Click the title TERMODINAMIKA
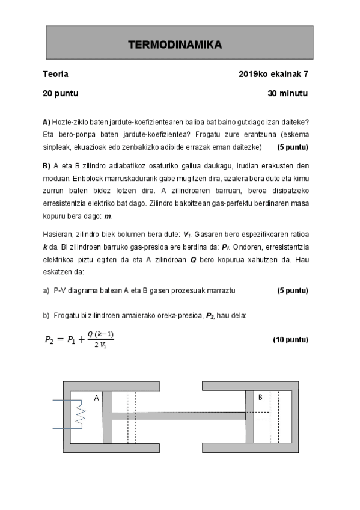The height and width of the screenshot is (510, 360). point(175,45)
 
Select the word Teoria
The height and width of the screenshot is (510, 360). point(55,74)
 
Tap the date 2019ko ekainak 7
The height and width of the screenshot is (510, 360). point(273,74)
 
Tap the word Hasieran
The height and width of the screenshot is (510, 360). point(58,234)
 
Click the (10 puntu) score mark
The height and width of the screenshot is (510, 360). point(290,340)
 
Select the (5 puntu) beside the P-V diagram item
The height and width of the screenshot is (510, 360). point(292,290)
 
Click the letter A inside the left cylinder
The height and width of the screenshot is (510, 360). point(96,398)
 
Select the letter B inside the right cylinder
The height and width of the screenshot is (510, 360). point(260,398)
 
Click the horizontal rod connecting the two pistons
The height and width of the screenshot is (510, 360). point(178,416)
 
